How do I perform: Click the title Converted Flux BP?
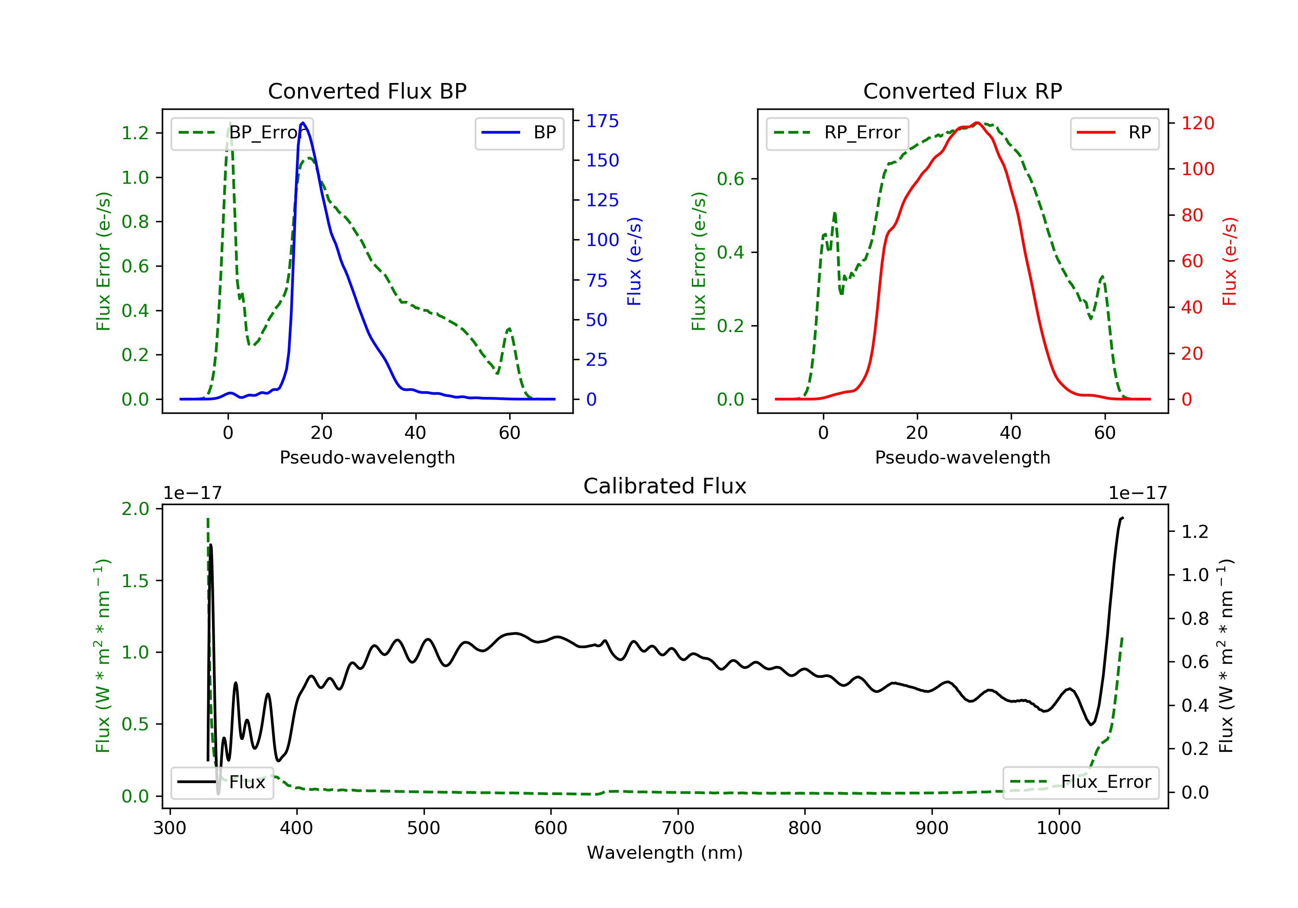(367, 91)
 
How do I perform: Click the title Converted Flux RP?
(962, 91)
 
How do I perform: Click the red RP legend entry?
(1114, 133)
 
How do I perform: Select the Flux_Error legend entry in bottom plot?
(1080, 782)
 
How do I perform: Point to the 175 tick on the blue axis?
(602, 121)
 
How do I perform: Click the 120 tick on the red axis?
(1197, 123)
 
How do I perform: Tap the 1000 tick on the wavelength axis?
(1058, 828)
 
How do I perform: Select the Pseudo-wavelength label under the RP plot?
(962, 457)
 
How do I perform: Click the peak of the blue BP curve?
(303, 123)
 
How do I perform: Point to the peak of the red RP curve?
(977, 123)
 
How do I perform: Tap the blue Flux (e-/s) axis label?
(634, 262)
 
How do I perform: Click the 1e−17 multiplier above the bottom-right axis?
(1137, 493)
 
